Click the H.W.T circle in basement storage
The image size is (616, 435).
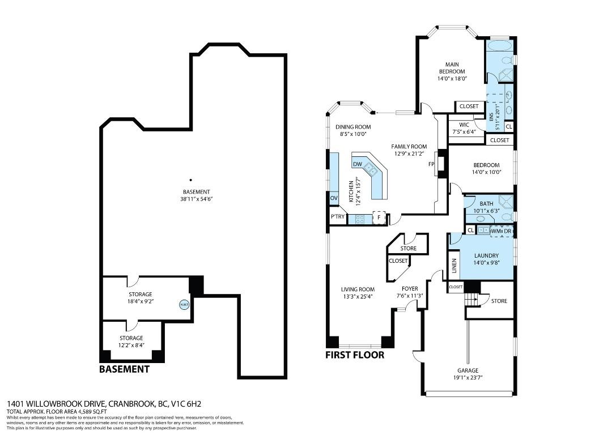pos(184,304)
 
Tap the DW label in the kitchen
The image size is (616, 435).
pos(357,164)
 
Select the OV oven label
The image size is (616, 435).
pos(334,198)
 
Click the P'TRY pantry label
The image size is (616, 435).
pos(338,217)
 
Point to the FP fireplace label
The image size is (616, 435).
pos(431,164)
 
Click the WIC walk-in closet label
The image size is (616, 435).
pos(464,125)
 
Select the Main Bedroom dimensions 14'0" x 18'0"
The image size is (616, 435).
pos(451,79)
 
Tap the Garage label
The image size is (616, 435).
pos(468,370)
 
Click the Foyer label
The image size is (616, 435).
pos(409,289)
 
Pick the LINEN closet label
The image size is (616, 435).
pos(454,267)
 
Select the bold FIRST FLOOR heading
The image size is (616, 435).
pos(354,355)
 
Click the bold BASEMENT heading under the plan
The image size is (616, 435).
pos(124,369)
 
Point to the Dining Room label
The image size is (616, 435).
pos(352,127)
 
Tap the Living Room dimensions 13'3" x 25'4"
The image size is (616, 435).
pos(358,296)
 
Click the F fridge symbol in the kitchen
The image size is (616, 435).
pos(379,217)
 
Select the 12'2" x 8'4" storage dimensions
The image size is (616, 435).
pos(131,345)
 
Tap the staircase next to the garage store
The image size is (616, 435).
pos(471,298)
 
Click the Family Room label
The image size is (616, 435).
pos(409,147)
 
